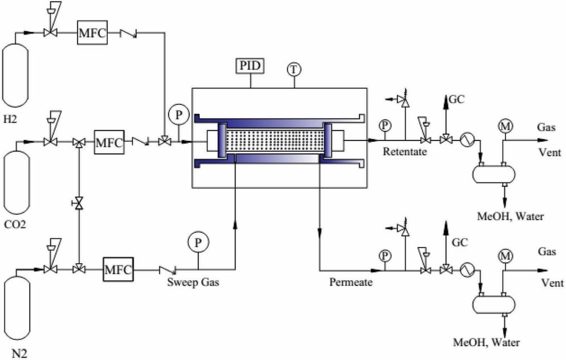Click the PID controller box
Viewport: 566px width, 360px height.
pos(250,66)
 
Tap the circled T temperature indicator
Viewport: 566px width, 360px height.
pos(294,69)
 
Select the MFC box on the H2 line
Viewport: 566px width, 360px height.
pos(92,33)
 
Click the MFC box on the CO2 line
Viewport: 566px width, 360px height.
pos(109,142)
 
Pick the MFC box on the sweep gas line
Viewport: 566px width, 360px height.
pos(118,270)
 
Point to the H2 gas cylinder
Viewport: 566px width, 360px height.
pos(15,75)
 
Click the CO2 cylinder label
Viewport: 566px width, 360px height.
pos(15,225)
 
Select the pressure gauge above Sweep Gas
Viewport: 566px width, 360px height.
pos(198,242)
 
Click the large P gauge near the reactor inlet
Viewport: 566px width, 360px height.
pos(179,115)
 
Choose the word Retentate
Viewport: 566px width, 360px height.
pos(404,151)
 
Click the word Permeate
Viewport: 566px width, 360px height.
pos(351,282)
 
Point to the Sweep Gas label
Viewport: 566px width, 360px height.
pos(193,282)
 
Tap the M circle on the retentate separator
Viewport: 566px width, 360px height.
pos(506,126)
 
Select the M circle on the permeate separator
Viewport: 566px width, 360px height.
pos(506,255)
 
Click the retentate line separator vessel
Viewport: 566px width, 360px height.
pos(494,174)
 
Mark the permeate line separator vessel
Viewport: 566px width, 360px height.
pos(494,304)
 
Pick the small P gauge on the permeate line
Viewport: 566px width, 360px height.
pos(385,255)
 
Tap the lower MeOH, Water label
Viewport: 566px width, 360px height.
pos(486,342)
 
